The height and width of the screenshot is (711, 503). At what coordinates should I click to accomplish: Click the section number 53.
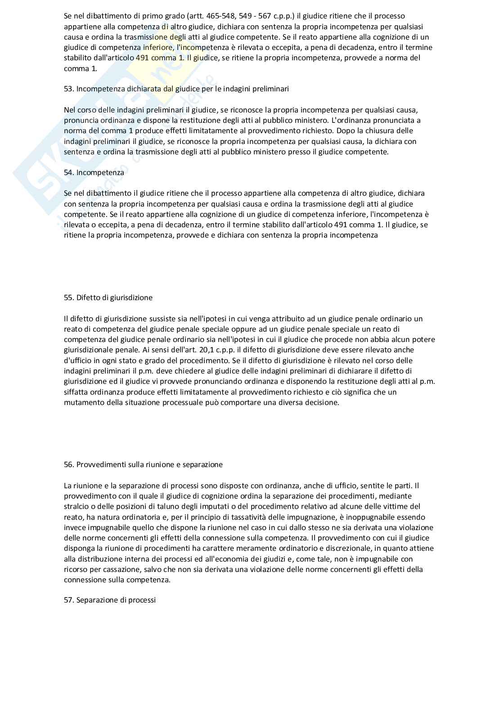click(x=68, y=89)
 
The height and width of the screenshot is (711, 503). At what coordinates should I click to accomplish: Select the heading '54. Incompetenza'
click(x=94, y=172)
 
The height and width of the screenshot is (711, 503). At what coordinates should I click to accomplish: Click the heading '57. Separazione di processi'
click(x=110, y=600)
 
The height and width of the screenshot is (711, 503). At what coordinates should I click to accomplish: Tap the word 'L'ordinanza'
click(x=350, y=120)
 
